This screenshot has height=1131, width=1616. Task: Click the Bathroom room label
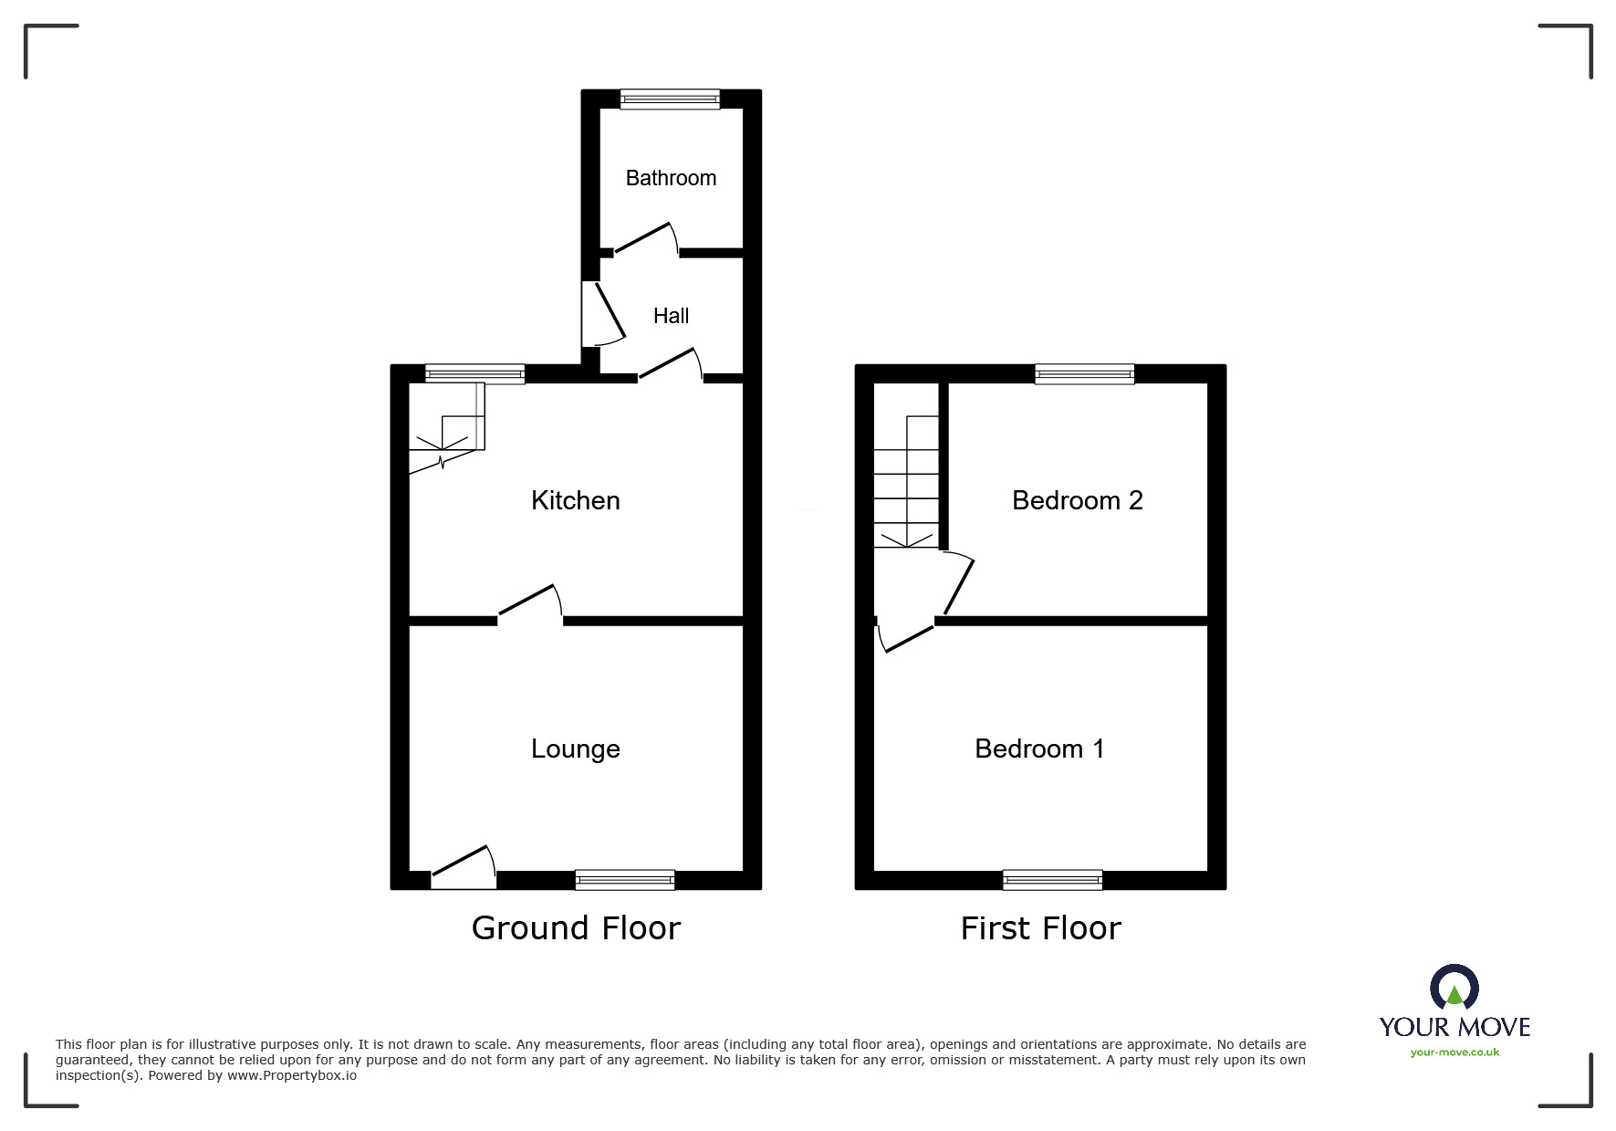click(x=671, y=178)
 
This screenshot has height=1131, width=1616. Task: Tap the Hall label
click(x=671, y=316)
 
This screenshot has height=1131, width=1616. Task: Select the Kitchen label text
click(x=575, y=500)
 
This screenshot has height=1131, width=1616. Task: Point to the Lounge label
click(x=575, y=749)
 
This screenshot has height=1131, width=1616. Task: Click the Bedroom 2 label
click(x=1077, y=500)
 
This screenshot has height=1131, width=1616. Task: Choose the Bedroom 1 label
click(x=1039, y=749)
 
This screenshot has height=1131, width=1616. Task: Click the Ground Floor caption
click(x=576, y=928)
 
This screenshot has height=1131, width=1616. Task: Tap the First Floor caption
click(x=1040, y=928)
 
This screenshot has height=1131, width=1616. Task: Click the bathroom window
click(x=670, y=99)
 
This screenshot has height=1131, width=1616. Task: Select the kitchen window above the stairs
click(x=474, y=373)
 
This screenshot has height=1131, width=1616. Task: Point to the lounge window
click(x=625, y=880)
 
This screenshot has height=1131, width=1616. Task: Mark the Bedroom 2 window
click(x=1085, y=373)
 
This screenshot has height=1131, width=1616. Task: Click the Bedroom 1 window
click(x=1052, y=880)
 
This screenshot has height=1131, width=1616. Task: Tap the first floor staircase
click(x=906, y=482)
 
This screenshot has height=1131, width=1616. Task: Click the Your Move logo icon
click(x=1454, y=988)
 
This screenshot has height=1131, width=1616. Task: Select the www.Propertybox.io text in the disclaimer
click(x=292, y=1075)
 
